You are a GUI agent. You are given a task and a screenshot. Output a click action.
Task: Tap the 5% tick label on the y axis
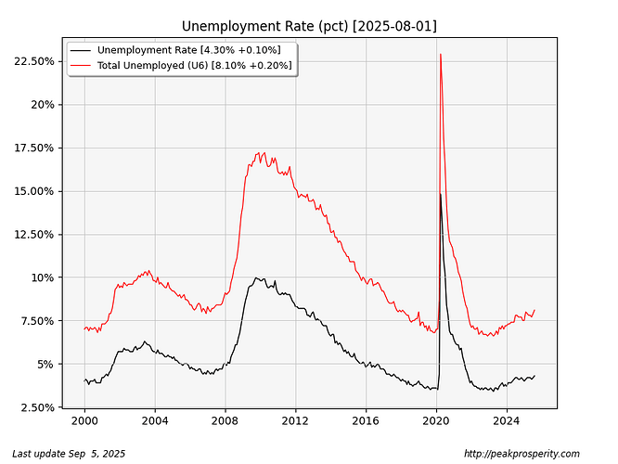(48, 364)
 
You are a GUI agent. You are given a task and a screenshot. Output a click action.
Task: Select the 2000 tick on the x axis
(84, 421)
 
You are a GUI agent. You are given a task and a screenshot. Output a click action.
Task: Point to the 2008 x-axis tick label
(225, 421)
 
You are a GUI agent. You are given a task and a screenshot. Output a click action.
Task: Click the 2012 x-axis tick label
(295, 421)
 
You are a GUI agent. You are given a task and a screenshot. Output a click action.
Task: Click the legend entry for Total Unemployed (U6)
(195, 65)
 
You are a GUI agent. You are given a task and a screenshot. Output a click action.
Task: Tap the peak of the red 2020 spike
(440, 55)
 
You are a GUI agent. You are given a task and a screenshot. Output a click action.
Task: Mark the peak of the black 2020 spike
(440, 193)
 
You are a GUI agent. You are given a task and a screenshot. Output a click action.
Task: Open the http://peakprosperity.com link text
(521, 454)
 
